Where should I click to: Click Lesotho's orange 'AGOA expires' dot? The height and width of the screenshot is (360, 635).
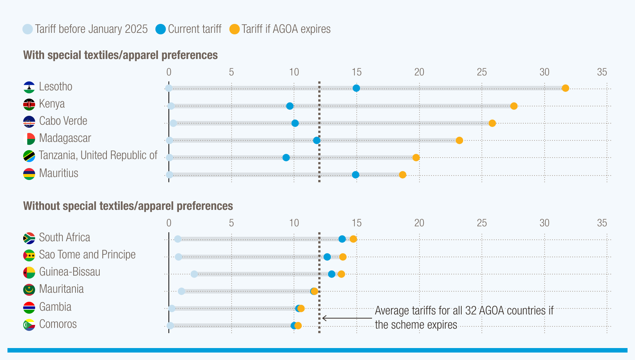tap(565, 88)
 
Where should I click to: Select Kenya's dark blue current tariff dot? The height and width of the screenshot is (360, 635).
tap(289, 106)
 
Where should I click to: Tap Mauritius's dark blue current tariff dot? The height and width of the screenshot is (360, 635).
tap(355, 175)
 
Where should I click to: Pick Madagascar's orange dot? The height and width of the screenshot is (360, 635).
tap(459, 140)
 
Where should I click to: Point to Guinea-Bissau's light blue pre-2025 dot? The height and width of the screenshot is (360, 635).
tap(194, 274)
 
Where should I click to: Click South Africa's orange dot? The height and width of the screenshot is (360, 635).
tap(353, 239)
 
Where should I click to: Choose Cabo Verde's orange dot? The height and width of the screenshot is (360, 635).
tap(492, 123)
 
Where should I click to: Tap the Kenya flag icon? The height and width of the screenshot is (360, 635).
tap(29, 104)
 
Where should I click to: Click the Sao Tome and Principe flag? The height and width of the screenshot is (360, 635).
tap(29, 255)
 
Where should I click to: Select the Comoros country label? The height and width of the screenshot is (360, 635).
tap(58, 324)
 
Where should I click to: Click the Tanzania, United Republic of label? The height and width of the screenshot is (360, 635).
tap(98, 155)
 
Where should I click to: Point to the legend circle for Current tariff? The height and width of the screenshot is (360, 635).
tap(161, 29)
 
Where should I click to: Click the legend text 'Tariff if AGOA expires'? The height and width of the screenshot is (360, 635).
tap(286, 29)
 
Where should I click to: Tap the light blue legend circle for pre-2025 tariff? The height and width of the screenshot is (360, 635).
tap(28, 29)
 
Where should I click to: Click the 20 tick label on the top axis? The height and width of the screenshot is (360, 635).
tap(419, 72)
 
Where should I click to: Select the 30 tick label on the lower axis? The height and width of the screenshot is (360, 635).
tap(544, 223)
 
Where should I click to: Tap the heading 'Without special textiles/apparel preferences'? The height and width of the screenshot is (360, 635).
tap(128, 206)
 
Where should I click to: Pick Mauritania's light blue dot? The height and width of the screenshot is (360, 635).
tap(181, 291)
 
